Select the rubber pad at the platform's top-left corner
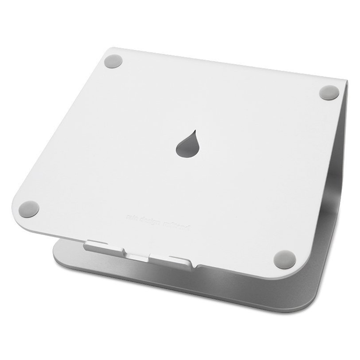tap(113, 61)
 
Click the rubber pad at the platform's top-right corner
tap(329, 92)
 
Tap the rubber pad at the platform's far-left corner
tap(29, 209)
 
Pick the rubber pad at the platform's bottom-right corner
tap(285, 260)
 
